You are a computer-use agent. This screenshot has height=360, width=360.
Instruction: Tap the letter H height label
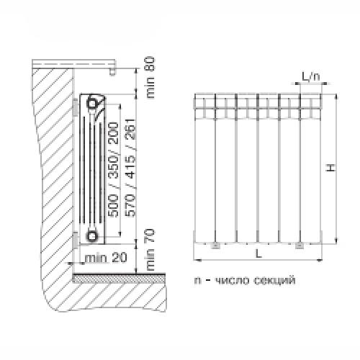click(330, 168)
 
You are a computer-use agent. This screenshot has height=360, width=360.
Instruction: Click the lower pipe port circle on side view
click(93, 235)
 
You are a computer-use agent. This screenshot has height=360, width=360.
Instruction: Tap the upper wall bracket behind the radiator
click(76, 104)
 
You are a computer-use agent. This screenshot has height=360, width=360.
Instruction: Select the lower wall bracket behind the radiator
click(76, 238)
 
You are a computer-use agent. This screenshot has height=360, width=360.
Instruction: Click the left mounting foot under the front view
click(216, 246)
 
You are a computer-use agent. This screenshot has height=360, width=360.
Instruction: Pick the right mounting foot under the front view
click(300, 246)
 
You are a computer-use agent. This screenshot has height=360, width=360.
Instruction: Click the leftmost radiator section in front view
click(205, 169)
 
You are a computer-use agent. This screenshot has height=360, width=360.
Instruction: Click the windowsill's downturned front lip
click(113, 71)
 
